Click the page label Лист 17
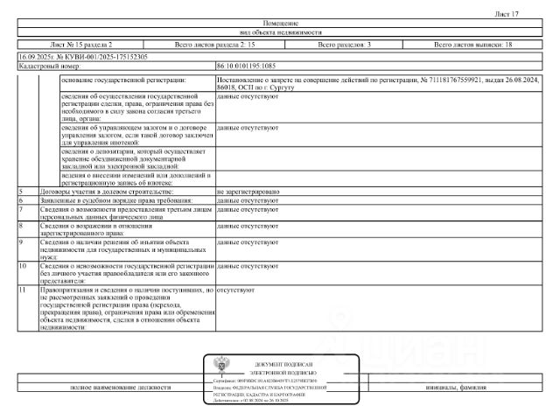pyautogui.click(x=532, y=14)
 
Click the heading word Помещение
pyautogui.click(x=280, y=23)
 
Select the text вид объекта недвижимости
pyautogui.click(x=280, y=32)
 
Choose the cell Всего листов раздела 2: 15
pyautogui.click(x=215, y=44)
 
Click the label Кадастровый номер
pyautogui.click(x=49, y=66)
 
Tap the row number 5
pyautogui.click(x=20, y=191)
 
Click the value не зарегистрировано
pyautogui.click(x=248, y=191)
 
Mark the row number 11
pyautogui.click(x=23, y=288)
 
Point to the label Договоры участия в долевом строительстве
pyautogui.click(x=106, y=191)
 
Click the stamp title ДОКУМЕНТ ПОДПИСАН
pyautogui.click(x=283, y=363)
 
